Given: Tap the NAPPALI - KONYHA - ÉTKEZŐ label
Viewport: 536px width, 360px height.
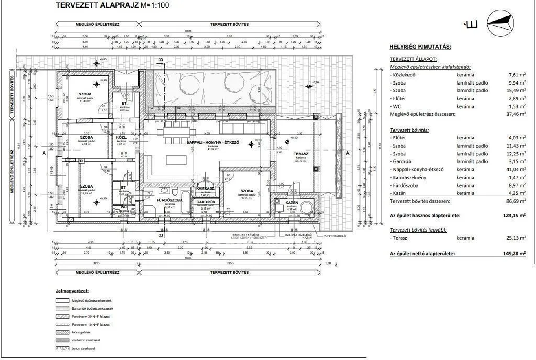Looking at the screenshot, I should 213,142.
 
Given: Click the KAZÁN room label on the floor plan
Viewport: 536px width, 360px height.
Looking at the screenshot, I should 292,202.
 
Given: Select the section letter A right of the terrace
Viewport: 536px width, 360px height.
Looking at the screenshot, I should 348,153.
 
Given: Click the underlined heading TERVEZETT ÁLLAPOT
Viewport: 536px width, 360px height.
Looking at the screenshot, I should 413,60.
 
